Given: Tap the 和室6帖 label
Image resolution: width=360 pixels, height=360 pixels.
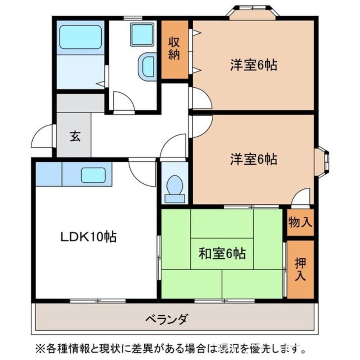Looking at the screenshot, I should point(222,254).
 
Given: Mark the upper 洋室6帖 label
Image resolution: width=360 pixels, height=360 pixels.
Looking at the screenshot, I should point(254,65).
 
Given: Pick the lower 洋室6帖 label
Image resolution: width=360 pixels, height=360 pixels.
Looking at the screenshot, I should point(254,159).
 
